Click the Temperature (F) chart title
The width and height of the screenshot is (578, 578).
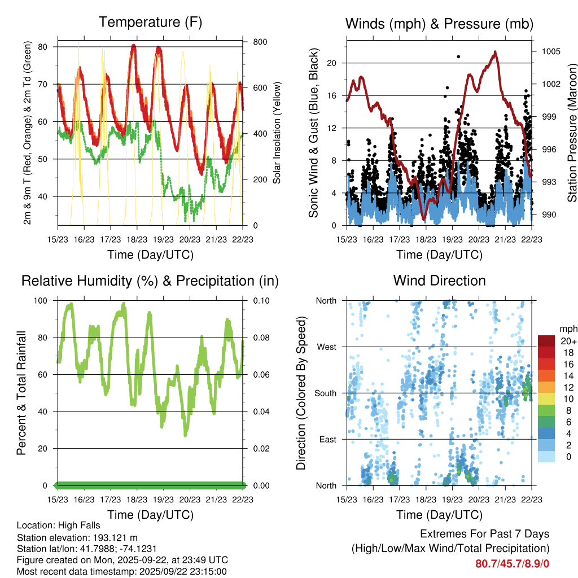150,23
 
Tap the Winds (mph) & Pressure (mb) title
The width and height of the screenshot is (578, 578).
439,24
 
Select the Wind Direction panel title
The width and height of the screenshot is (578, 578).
439,281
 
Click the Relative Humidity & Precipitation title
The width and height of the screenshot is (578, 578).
150,281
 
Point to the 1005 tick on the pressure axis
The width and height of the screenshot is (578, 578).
550,51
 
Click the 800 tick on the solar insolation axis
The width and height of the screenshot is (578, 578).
260,42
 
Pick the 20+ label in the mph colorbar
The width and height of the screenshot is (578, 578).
568,341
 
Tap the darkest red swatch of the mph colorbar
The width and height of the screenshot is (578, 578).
546,341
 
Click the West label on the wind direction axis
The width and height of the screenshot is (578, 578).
326,347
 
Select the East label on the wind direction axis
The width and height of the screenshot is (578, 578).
327,439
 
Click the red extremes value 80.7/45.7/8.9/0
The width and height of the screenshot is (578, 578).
513,563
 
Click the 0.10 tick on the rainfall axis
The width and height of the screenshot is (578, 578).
257,300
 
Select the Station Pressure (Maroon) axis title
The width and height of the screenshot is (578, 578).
571,133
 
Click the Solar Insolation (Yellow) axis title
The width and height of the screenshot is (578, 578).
277,133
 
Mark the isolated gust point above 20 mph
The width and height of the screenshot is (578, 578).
458,56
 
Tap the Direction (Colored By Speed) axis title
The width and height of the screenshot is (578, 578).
301,393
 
